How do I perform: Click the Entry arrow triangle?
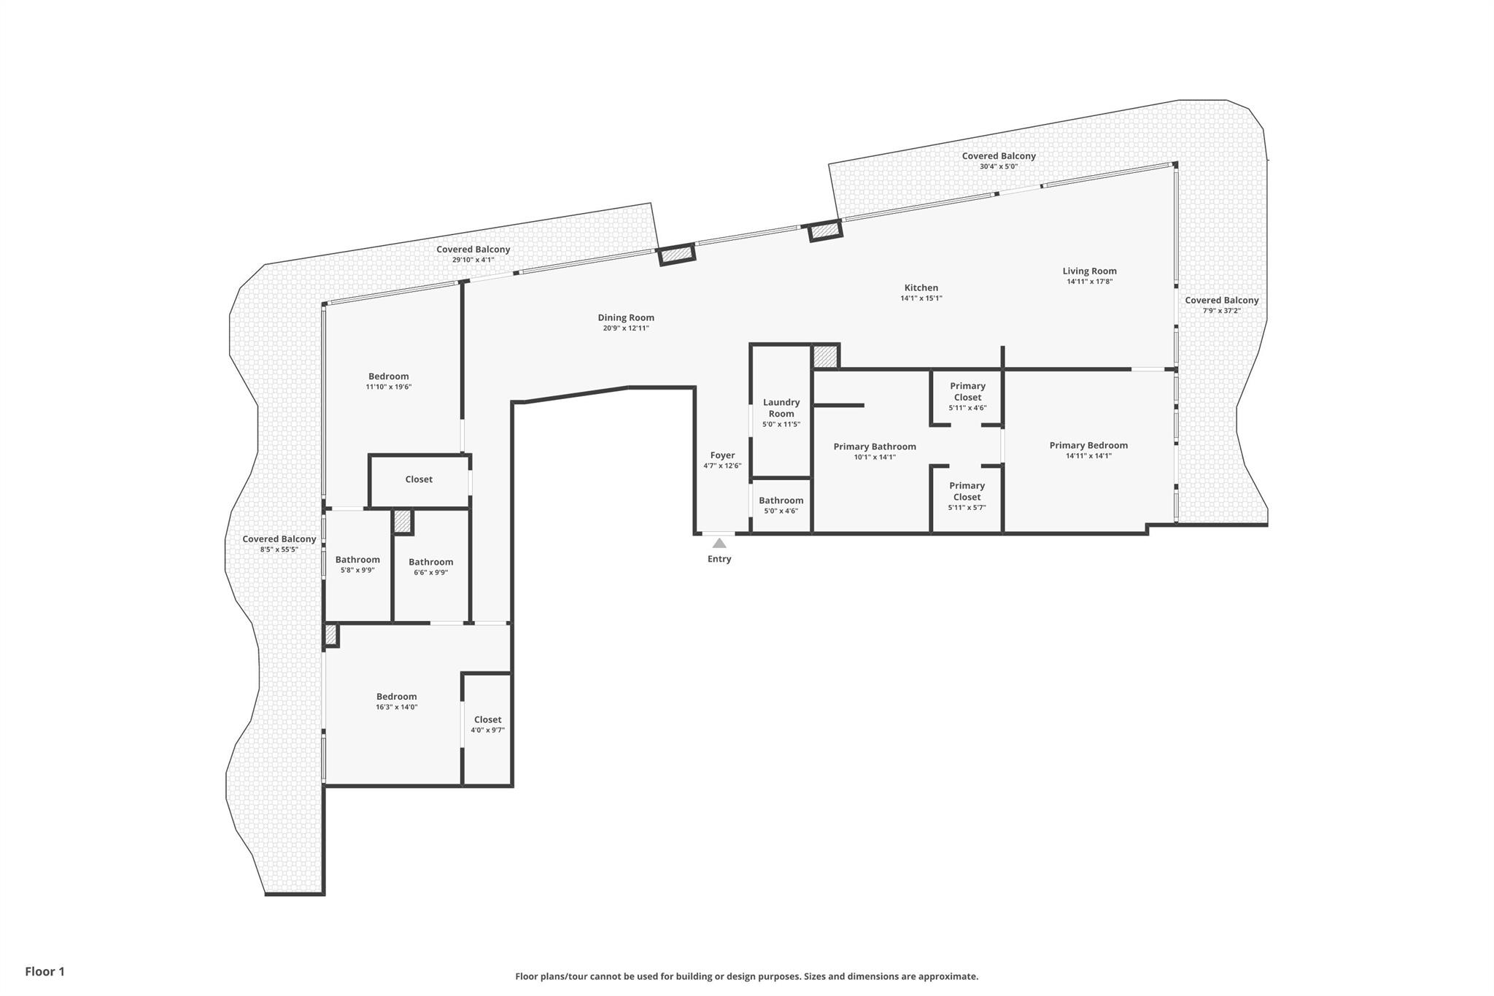(719, 543)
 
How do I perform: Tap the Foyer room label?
(722, 455)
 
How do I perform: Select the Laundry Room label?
(781, 408)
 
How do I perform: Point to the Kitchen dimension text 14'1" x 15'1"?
(921, 298)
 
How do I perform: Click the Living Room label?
(1089, 271)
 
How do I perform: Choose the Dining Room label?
(626, 317)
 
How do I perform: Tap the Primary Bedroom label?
(1088, 445)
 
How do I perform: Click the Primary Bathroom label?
(875, 447)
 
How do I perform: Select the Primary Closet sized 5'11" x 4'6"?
(967, 392)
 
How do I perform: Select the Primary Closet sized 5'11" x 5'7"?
(967, 491)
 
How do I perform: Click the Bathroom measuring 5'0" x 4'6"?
(781, 501)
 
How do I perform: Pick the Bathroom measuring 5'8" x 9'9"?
(357, 560)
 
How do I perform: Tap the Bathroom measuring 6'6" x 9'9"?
(430, 562)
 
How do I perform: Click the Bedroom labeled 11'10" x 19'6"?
(388, 377)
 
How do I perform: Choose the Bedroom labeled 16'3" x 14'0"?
(396, 697)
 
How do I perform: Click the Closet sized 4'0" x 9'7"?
(487, 719)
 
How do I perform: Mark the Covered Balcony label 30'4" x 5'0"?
(999, 156)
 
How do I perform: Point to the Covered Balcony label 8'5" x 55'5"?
(279, 539)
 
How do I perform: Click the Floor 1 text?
(44, 971)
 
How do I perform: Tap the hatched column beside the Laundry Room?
(825, 357)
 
